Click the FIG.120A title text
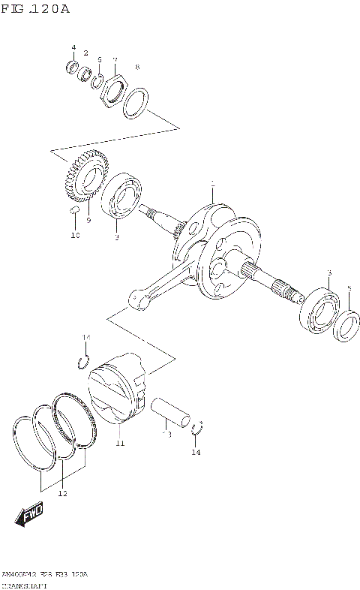(x=35, y=9)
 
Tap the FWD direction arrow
(x=28, y=516)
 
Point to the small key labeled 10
(x=74, y=211)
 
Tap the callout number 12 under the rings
(x=62, y=494)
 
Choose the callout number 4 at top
(x=73, y=48)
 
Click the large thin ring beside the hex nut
(x=135, y=103)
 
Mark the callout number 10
(x=74, y=236)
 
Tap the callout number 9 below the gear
(x=88, y=220)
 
